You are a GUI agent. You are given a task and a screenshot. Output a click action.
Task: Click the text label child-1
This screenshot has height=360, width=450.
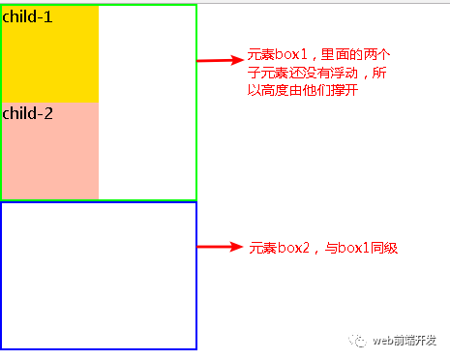coord(27,16)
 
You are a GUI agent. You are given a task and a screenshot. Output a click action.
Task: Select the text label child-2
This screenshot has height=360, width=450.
coord(27,113)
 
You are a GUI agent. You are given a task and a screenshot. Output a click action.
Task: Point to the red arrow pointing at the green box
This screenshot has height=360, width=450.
coord(218,60)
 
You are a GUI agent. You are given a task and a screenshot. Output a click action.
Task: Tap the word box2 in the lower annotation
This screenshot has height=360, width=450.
coord(293,249)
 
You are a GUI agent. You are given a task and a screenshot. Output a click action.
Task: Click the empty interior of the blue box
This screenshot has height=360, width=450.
coord(99,275)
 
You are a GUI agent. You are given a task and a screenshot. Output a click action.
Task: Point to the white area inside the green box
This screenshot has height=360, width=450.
coord(147,102)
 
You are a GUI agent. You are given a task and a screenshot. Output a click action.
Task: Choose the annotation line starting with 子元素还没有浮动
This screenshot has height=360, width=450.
coord(316,73)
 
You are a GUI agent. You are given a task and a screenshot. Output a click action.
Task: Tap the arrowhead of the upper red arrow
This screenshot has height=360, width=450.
coord(235,60)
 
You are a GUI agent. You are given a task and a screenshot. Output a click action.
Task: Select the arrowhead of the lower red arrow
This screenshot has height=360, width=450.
coord(237,247)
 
